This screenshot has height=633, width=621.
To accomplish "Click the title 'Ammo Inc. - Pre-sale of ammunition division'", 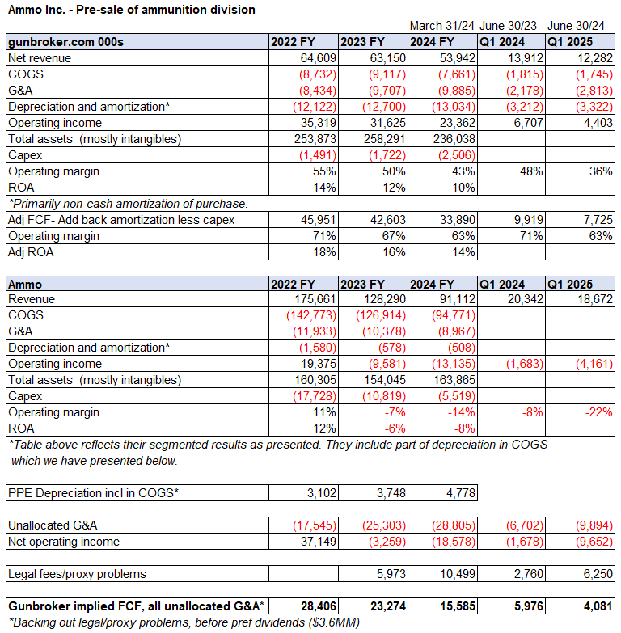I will [x=131, y=10].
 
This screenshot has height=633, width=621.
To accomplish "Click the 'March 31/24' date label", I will [x=441, y=25].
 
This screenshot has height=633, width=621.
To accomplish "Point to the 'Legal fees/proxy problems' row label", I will [x=77, y=573].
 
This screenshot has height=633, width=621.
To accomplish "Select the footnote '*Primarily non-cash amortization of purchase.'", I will [x=128, y=203].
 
